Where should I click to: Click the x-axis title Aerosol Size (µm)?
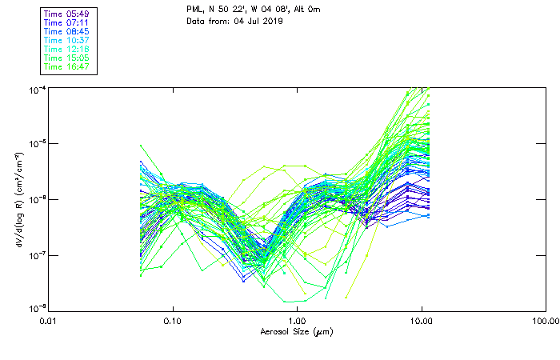click(x=297, y=331)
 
